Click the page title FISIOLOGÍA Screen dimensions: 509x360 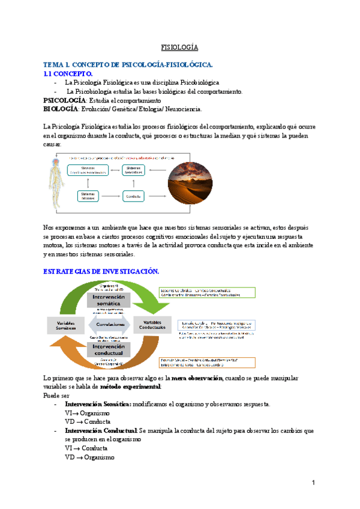click(179, 47)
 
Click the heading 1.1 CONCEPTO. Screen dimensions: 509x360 click(68, 73)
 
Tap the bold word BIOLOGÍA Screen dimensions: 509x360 click(61, 109)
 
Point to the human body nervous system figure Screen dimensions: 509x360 click(58, 182)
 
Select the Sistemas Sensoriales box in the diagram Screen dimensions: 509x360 click(139, 170)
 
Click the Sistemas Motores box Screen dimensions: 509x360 click(90, 196)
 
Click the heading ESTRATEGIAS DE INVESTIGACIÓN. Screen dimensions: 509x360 click(101, 271)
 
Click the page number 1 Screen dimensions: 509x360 click(313, 483)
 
